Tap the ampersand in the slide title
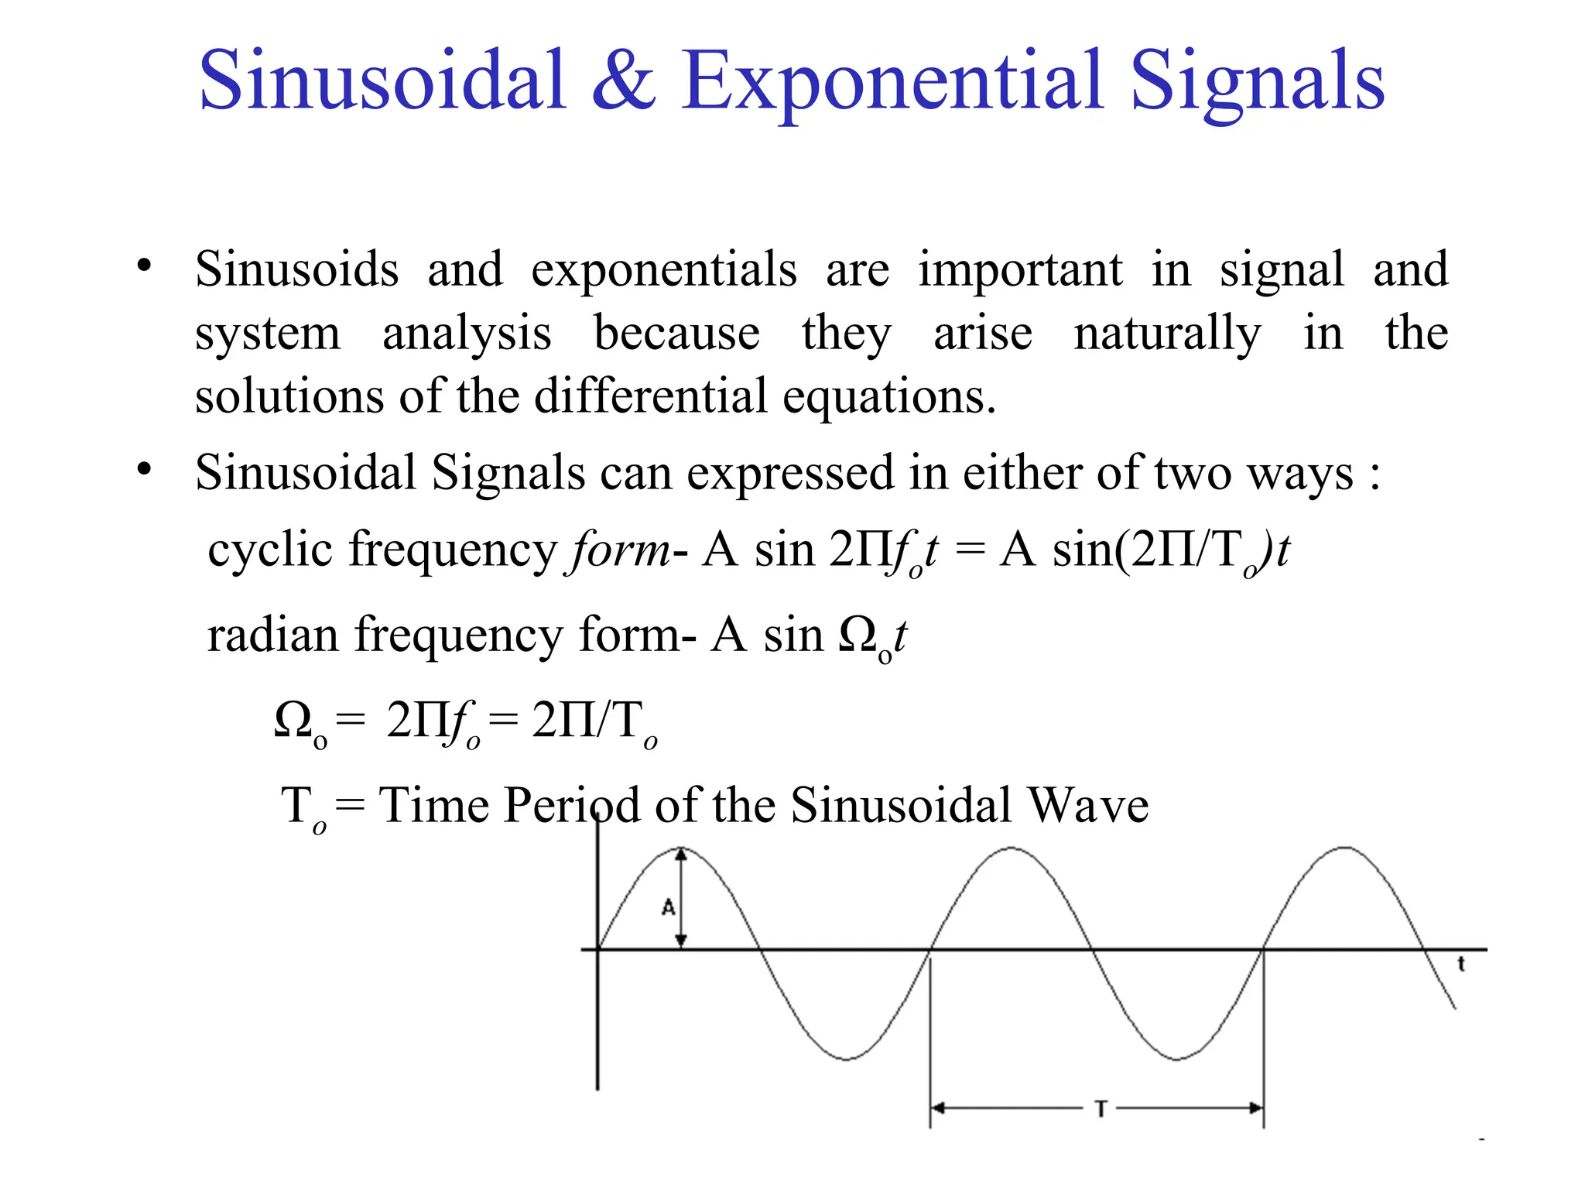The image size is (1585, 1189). [624, 80]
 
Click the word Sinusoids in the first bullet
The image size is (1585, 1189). [296, 270]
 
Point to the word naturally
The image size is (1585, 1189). [1167, 334]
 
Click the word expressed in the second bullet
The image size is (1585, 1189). [790, 473]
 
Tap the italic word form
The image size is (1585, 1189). [619, 551]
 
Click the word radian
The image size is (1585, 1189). [273, 636]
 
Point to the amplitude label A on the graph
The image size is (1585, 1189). [669, 907]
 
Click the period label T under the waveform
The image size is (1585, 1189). [1101, 1108]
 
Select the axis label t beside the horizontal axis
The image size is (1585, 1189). [1461, 965]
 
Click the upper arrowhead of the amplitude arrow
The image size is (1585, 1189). [681, 855]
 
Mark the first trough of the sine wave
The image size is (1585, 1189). [847, 1058]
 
